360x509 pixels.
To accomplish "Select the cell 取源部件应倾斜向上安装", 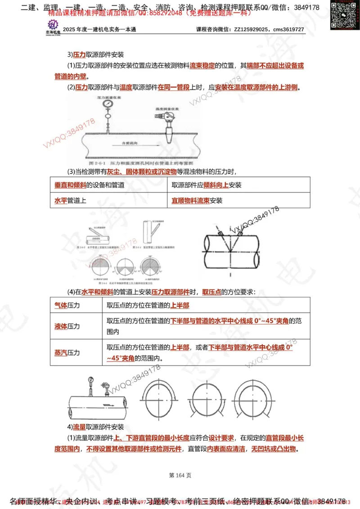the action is point(207,185).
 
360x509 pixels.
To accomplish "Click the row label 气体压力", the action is point(67,305).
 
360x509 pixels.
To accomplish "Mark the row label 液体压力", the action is point(67,326).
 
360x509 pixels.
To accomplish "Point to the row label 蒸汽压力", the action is point(67,353).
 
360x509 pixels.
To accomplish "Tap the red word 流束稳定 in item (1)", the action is point(202,66).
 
